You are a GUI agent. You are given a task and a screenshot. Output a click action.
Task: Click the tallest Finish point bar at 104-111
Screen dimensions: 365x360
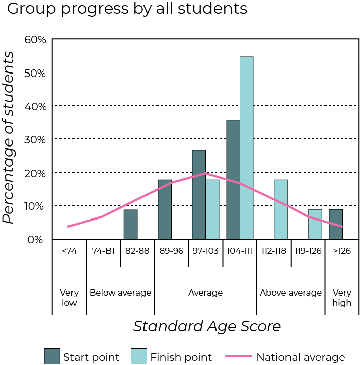click(x=246, y=148)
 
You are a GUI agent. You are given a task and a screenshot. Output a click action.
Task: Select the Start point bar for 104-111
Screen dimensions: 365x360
click(x=233, y=179)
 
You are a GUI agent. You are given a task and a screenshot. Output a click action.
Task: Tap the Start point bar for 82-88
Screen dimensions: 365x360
click(x=130, y=225)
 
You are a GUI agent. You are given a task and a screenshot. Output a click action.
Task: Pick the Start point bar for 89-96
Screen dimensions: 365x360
click(x=165, y=209)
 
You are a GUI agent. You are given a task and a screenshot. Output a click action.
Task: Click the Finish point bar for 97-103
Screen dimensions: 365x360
click(x=212, y=209)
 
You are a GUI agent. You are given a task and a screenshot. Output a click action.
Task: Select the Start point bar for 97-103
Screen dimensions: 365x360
click(x=199, y=194)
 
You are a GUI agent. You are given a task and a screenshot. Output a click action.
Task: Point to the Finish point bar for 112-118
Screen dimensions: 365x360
click(x=280, y=209)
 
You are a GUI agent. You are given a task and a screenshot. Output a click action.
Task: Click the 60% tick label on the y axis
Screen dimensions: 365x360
click(x=35, y=39)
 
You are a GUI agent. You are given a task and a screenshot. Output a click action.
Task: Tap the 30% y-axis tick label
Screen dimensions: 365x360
click(x=35, y=139)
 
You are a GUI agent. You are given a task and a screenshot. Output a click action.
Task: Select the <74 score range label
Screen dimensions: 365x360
click(x=69, y=251)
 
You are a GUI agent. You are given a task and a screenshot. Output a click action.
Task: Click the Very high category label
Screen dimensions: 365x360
click(x=342, y=298)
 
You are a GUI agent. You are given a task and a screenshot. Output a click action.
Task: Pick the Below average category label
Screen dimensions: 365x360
click(x=120, y=293)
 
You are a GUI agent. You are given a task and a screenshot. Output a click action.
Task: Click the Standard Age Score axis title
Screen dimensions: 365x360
click(x=207, y=326)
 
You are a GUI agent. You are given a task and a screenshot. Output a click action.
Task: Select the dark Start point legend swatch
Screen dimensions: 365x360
click(x=52, y=357)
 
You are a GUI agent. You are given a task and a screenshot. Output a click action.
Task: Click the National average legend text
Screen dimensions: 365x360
click(x=301, y=357)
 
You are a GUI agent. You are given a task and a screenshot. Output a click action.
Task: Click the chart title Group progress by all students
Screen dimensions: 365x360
click(x=127, y=9)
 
